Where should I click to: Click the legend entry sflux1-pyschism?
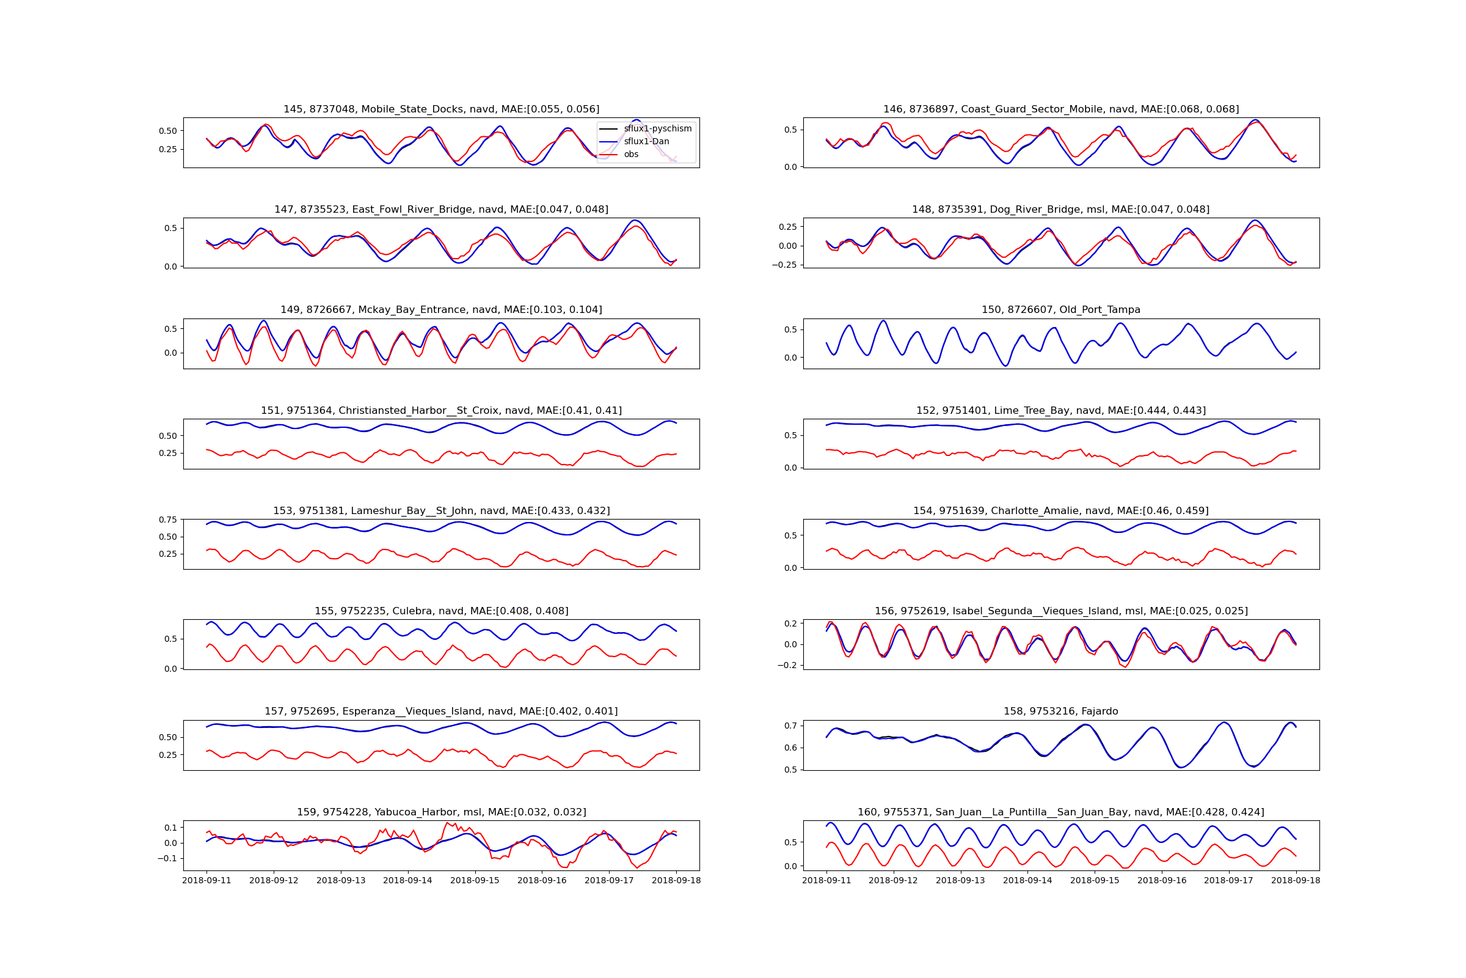pyautogui.click(x=657, y=128)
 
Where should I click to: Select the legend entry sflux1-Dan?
pyautogui.click(x=646, y=142)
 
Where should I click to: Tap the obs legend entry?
pyautogui.click(x=631, y=155)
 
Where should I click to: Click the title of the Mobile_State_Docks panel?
pyautogui.click(x=441, y=109)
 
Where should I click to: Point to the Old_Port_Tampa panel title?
pyautogui.click(x=1061, y=310)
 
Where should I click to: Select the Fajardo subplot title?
pyautogui.click(x=1061, y=711)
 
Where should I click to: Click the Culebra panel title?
pyautogui.click(x=441, y=611)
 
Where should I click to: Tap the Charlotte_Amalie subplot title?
pyautogui.click(x=1061, y=511)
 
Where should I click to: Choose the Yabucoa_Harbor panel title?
pyautogui.click(x=441, y=812)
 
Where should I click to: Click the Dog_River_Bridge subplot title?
pyautogui.click(x=1061, y=210)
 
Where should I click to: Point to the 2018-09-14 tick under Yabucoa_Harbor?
pyautogui.click(x=407, y=881)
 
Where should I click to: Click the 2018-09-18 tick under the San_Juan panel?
pyautogui.click(x=1296, y=881)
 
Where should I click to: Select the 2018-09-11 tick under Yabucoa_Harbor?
pyautogui.click(x=206, y=881)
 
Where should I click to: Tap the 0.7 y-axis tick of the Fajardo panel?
pyautogui.click(x=791, y=726)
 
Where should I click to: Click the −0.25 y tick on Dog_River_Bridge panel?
pyautogui.click(x=784, y=265)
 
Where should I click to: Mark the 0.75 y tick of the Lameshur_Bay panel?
pyautogui.click(x=167, y=520)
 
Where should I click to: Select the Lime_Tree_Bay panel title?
pyautogui.click(x=1061, y=410)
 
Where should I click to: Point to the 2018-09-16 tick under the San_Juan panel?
pyautogui.click(x=1162, y=881)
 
